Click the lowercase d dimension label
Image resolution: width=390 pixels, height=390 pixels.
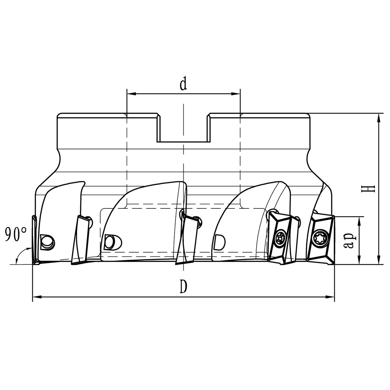click(183, 84)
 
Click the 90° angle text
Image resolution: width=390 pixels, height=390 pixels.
click(16, 234)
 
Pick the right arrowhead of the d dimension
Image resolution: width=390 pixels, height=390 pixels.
click(236, 94)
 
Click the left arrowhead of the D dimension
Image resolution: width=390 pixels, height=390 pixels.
click(37, 297)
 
